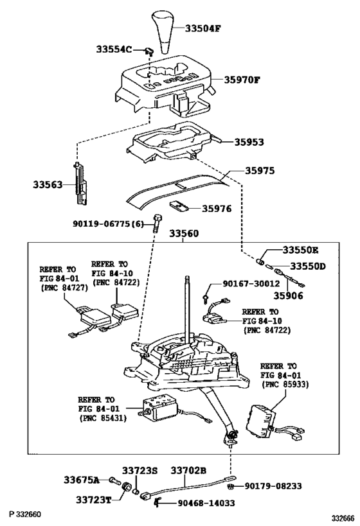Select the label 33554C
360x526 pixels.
[114, 49]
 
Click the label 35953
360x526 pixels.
[249, 142]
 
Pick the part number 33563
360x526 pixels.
[49, 185]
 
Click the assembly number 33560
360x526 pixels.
[187, 234]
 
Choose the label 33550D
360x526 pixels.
[307, 266]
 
